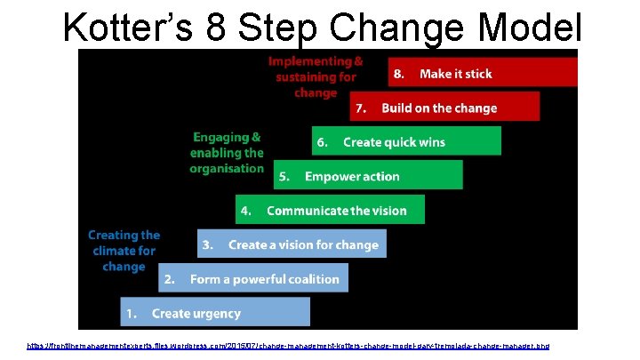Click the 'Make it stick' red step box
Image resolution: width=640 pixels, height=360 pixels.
pos(483,74)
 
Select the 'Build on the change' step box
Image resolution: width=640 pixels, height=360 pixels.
pos(444,108)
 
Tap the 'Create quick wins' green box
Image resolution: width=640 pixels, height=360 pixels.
pos(406,141)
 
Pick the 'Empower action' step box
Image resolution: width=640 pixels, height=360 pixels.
pos(368,176)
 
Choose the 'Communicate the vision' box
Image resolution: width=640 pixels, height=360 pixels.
pos(330,211)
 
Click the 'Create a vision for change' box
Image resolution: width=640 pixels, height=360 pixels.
pos(292,244)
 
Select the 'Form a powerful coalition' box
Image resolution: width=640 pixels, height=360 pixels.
pos(253,279)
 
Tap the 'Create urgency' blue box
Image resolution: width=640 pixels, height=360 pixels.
pos(215,313)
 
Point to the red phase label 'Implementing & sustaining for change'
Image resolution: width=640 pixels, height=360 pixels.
pos(316,77)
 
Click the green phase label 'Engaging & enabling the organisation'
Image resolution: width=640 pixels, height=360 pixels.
pos(227,153)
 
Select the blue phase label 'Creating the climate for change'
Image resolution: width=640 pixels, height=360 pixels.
pos(124,251)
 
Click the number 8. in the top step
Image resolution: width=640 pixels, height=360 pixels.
pos(401,74)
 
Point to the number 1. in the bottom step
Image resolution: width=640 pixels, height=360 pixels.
pos(131,313)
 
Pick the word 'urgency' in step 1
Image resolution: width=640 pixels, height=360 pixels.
pos(217,313)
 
